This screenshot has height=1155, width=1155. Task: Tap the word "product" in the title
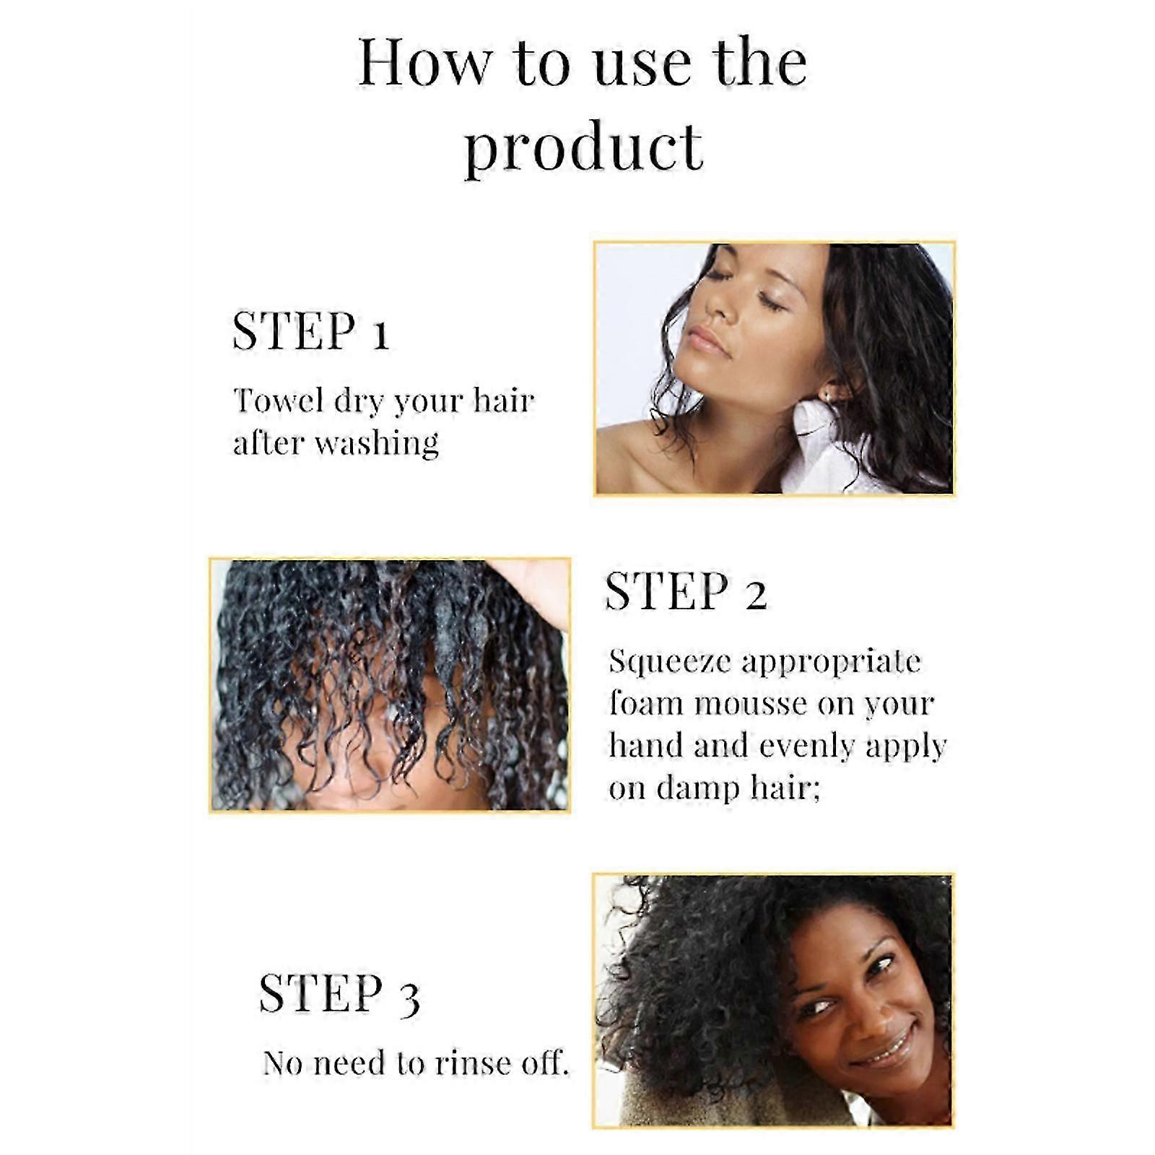coord(583,148)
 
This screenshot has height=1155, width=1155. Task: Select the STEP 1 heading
coord(310,331)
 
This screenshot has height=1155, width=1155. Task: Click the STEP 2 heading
coord(685,591)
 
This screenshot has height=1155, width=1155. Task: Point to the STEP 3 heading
coord(339,994)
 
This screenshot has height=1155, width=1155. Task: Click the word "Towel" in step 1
coord(278,400)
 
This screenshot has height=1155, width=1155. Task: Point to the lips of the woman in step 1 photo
coord(707,340)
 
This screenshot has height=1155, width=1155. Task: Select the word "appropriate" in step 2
coord(831,662)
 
